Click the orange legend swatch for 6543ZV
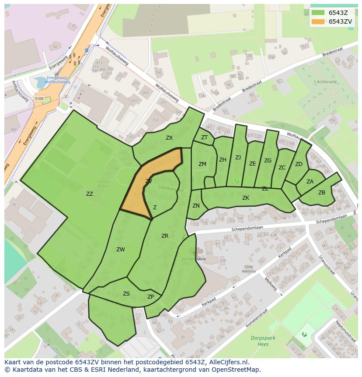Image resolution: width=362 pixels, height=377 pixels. pyautogui.click(x=318, y=21)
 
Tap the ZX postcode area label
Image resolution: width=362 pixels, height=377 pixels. pyautogui.click(x=169, y=138)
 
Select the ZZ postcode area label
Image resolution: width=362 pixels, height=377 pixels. pyautogui.click(x=90, y=194)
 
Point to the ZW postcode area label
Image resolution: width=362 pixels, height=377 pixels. pyautogui.click(x=121, y=250)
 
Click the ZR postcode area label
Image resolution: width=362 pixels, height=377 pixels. pyautogui.click(x=165, y=236)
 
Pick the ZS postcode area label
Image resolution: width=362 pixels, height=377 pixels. pyautogui.click(x=126, y=294)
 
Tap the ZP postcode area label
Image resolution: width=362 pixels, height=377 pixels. pyautogui.click(x=151, y=297)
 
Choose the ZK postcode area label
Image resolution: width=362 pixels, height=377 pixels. pyautogui.click(x=246, y=198)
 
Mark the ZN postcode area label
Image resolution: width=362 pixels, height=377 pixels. pyautogui.click(x=196, y=206)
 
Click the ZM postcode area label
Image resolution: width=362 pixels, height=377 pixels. pyautogui.click(x=202, y=164)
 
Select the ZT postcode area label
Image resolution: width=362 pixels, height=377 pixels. pyautogui.click(x=204, y=137)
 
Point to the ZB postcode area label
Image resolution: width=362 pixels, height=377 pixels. pyautogui.click(x=322, y=193)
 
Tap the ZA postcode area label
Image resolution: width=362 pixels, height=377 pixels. pyautogui.click(x=310, y=182)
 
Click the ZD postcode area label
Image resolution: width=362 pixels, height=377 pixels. pyautogui.click(x=299, y=164)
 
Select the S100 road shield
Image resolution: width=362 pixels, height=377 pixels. pyautogui.click(x=39, y=99)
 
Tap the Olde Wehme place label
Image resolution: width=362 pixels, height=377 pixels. pyautogui.click(x=249, y=269)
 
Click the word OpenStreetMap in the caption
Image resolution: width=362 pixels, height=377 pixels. pyautogui.click(x=236, y=370)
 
